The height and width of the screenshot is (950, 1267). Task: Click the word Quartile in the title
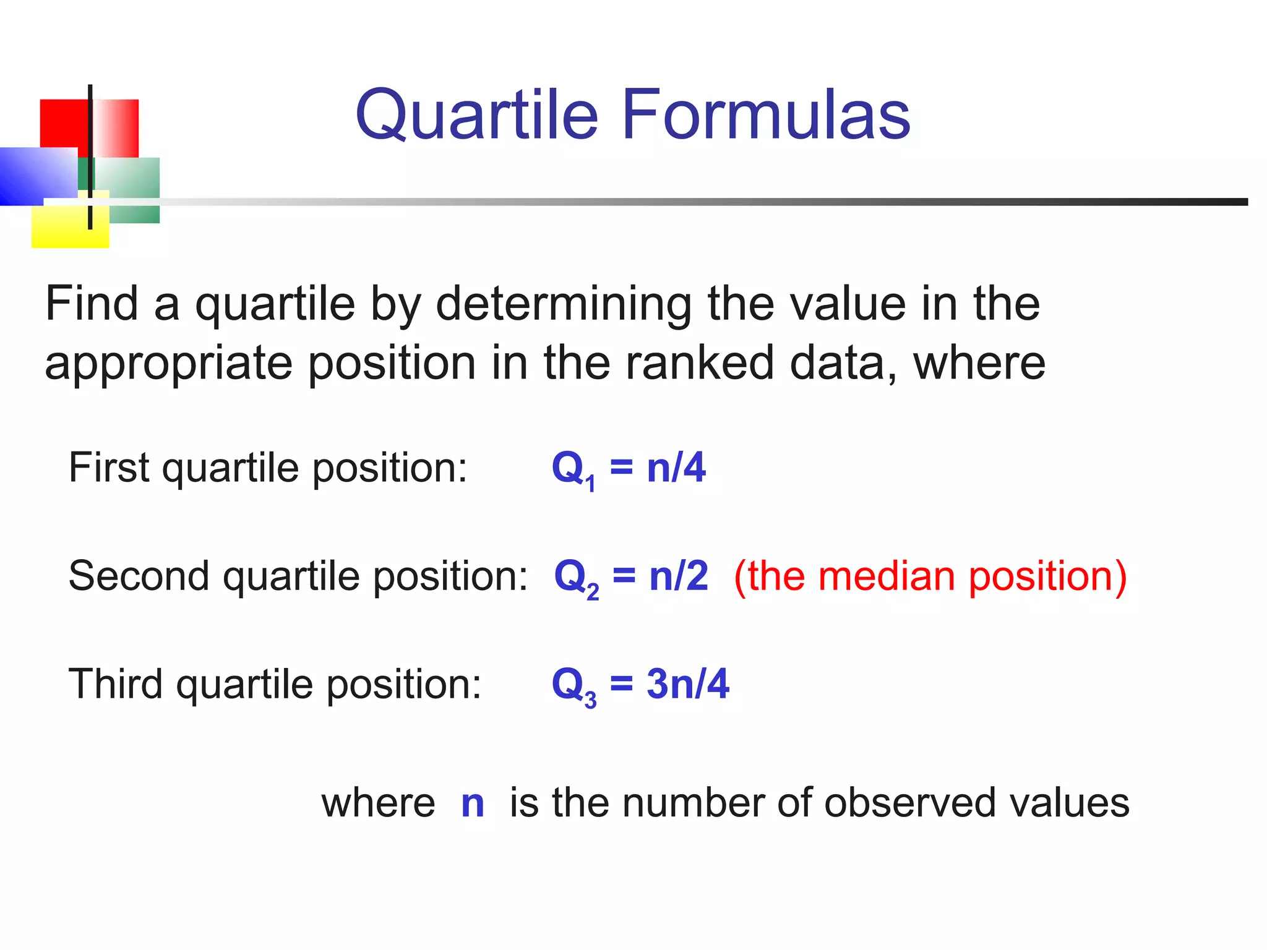(476, 114)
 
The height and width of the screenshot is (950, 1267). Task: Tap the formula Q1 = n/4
(628, 468)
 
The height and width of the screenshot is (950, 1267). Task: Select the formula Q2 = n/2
(630, 576)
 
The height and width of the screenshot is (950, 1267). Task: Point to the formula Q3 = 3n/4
(640, 685)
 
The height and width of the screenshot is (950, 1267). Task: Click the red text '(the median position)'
(930, 576)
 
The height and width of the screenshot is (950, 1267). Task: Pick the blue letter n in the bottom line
(473, 803)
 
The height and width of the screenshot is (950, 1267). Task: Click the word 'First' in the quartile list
(109, 467)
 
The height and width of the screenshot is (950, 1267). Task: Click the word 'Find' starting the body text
(92, 304)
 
